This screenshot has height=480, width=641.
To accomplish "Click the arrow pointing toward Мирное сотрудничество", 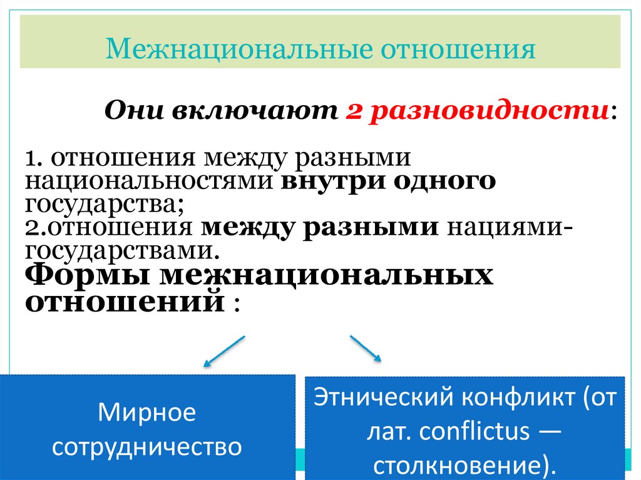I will (x=223, y=351).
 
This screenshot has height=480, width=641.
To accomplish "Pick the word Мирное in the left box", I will (x=147, y=413).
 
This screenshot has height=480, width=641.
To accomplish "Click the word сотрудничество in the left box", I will (x=147, y=447).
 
